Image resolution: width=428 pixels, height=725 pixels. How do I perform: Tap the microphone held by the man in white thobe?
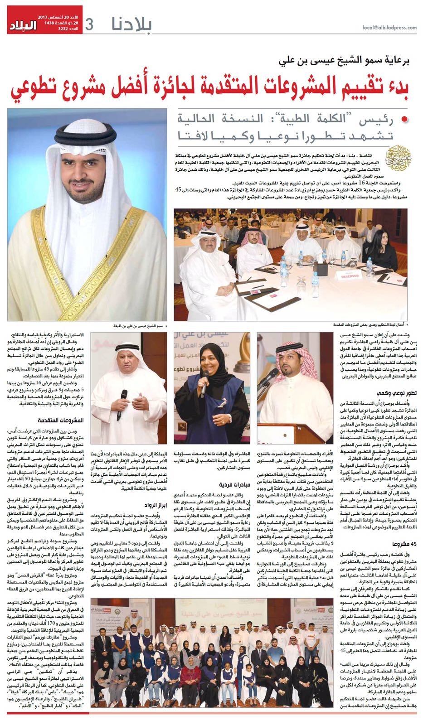[122, 399]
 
